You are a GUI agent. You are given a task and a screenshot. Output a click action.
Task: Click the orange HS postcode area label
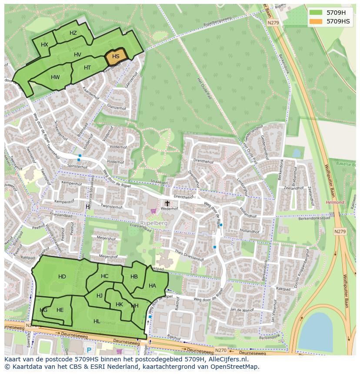pyautogui.click(x=116, y=56)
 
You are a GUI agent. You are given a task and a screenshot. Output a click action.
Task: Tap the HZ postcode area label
pyautogui.click(x=73, y=33)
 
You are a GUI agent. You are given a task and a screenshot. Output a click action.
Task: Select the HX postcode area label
pyautogui.click(x=44, y=45)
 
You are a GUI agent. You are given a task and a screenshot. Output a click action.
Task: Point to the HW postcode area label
pyautogui.click(x=55, y=77)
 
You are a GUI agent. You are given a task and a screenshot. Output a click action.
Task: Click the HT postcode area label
pyautogui.click(x=87, y=68)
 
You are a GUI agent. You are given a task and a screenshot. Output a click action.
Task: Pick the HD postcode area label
pyautogui.click(x=62, y=277)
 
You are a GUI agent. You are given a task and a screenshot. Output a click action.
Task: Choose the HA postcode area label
pyautogui.click(x=152, y=286)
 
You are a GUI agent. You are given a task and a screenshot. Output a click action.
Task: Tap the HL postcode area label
pyautogui.click(x=97, y=321)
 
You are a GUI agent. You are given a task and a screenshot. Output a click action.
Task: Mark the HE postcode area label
pyautogui.click(x=60, y=310)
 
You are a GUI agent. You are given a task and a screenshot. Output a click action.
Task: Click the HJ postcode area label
pyautogui.click(x=100, y=296)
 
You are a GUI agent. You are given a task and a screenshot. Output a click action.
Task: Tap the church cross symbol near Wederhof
pyautogui.click(x=167, y=203)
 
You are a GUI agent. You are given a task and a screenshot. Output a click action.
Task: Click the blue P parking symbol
pyautogui.click(x=89, y=350)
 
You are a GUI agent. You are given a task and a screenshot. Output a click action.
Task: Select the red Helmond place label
pyautogui.click(x=335, y=202)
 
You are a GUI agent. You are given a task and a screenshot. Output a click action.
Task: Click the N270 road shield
pyautogui.click(x=221, y=350)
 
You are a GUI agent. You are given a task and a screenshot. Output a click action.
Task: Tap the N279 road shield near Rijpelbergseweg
pyautogui.click(x=273, y=23)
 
